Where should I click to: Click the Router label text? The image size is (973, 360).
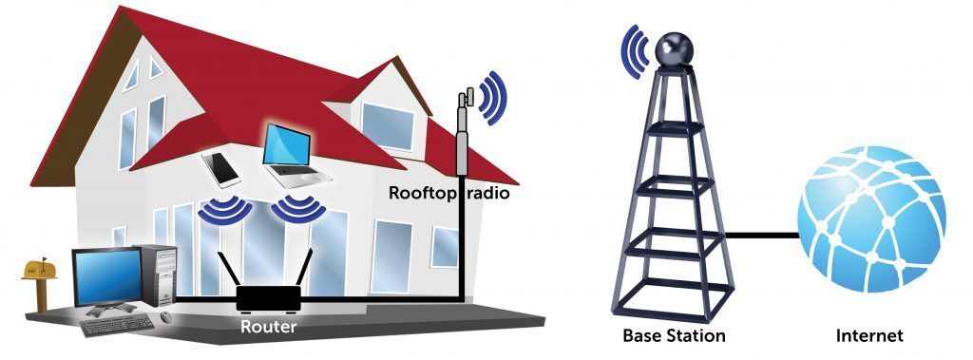tap(268, 326)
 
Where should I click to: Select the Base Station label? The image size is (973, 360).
tap(674, 336)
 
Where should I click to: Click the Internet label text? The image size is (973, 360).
tap(869, 336)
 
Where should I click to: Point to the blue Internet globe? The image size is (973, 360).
tap(871, 219)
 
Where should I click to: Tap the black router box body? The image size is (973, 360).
tap(269, 298)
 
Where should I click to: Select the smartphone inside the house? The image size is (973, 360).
tap(220, 169)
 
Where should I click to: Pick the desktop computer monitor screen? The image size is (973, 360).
tap(106, 276)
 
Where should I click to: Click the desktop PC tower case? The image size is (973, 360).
tap(159, 275)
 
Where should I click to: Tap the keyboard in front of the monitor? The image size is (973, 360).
tap(117, 325)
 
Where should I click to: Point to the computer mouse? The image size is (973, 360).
tap(166, 316)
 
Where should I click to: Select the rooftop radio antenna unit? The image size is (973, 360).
tap(464, 132)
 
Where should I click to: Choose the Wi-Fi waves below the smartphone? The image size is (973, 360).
tap(224, 212)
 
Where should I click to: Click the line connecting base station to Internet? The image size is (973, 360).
tap(762, 236)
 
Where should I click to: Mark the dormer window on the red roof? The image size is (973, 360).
tap(388, 126)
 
